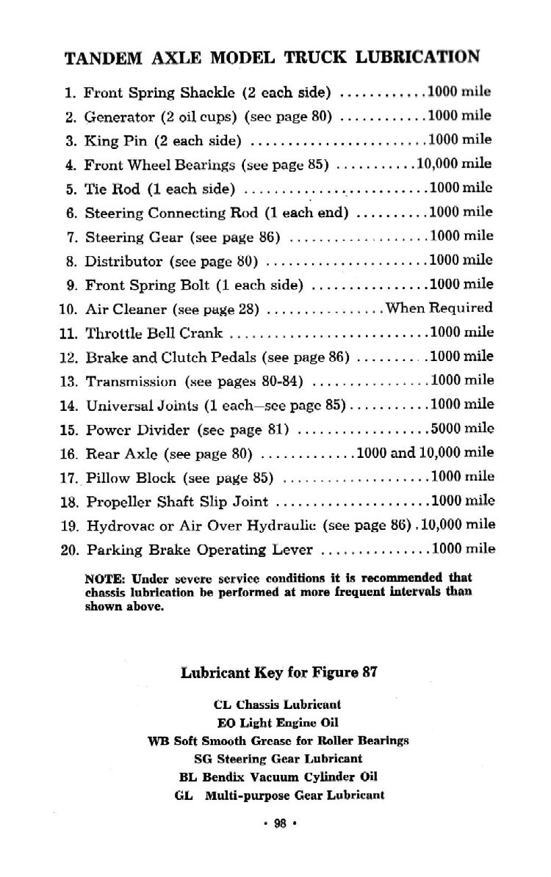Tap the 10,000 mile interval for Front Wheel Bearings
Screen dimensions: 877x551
(454, 163)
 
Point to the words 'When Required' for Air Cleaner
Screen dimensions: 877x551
(439, 308)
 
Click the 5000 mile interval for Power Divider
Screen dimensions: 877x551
(461, 427)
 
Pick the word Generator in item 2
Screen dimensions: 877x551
(119, 117)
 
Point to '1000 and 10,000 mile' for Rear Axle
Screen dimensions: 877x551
(425, 452)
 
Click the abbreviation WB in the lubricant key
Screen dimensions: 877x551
(158, 740)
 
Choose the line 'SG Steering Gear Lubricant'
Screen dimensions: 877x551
(278, 758)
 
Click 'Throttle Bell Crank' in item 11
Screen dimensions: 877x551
(154, 333)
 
